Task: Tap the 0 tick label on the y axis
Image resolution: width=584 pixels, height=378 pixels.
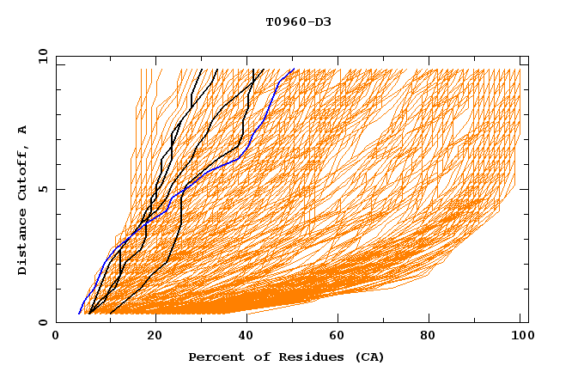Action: (x=41, y=322)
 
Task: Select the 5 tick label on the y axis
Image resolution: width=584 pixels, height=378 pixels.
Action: (x=41, y=189)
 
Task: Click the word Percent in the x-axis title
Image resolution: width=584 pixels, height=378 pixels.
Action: (x=213, y=357)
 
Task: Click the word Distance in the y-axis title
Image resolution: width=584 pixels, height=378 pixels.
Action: (x=23, y=242)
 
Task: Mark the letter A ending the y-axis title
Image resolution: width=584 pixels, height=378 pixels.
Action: (x=23, y=129)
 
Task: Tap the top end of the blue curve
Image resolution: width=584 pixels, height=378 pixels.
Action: (x=294, y=70)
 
